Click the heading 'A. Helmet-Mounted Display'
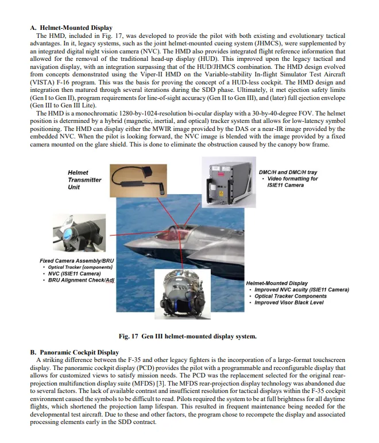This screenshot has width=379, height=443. pos(71,28)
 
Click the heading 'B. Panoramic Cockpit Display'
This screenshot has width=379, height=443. pos(75,352)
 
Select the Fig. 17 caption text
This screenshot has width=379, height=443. pos(188,336)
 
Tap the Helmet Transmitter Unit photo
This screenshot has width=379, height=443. pos(138,180)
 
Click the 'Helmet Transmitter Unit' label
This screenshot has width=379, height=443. pos(84,180)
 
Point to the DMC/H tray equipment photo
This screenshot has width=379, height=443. pos(229,182)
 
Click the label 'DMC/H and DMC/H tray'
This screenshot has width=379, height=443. pos(288,172)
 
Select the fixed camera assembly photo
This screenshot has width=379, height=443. pos(79,233)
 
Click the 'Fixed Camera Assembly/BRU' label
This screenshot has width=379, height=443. pos(76,261)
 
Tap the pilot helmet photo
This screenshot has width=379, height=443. pos(183,294)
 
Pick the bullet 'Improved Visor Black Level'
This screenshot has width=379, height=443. pos(289,303)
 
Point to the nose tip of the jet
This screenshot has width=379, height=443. pos(126,243)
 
